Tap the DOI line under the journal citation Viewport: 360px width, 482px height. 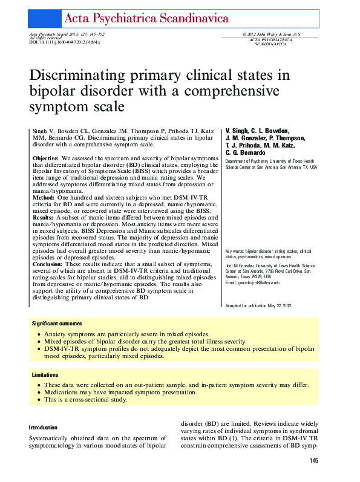pyautogui.click(x=65, y=42)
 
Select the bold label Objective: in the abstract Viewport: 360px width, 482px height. pyautogui.click(x=45, y=158)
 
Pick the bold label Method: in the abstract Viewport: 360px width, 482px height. pyautogui.click(x=43, y=197)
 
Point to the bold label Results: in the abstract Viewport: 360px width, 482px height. pyautogui.click(x=44, y=217)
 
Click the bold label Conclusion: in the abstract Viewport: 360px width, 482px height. pyautogui.click(x=48, y=264)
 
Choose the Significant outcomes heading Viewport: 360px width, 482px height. pyautogui.click(x=57, y=324)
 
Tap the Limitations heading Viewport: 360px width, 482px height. pyautogui.click(x=46, y=375)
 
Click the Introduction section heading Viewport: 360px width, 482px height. pyautogui.click(x=43, y=427)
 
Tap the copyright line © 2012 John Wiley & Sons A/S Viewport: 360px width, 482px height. pyautogui.click(x=270, y=34)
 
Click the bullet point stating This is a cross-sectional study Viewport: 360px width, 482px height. pyautogui.click(x=85, y=400)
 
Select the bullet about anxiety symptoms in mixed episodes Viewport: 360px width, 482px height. pyautogui.click(x=126, y=334)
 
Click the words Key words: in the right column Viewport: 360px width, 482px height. pyautogui.click(x=235, y=267)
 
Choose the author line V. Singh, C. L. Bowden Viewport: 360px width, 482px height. pyautogui.click(x=257, y=131)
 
